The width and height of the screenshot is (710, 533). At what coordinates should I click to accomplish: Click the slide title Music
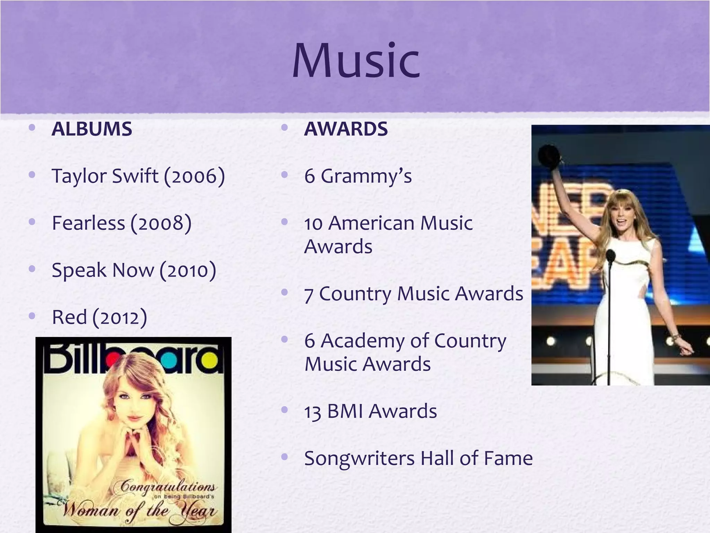point(356,61)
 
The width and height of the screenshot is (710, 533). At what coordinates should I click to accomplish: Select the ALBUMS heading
point(92,129)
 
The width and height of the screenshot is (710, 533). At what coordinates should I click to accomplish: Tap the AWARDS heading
point(346,129)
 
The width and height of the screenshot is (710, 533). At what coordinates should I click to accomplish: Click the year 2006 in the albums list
point(194,176)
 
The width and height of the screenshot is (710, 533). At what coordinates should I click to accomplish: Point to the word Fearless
point(88,223)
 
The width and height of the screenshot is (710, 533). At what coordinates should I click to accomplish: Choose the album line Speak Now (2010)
point(134,270)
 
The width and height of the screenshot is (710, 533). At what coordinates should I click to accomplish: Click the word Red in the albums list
point(69,317)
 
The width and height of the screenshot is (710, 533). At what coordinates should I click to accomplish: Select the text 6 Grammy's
point(358,176)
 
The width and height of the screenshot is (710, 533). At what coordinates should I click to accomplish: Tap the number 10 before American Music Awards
point(313,223)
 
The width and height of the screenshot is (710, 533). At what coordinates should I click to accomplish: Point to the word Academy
point(362,341)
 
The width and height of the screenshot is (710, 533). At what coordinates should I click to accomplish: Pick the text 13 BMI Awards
point(370,412)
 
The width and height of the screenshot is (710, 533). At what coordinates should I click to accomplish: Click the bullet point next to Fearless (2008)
point(33,222)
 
